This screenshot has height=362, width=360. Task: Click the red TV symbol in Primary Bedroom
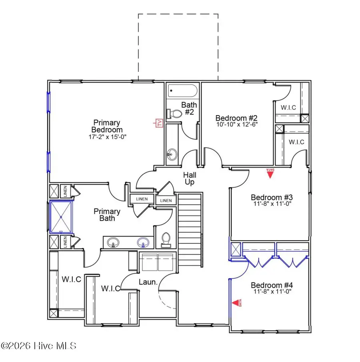point(159,123)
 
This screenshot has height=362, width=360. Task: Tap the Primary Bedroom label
point(107,126)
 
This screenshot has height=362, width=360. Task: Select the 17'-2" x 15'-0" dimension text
point(107,137)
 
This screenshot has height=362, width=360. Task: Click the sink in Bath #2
point(171,153)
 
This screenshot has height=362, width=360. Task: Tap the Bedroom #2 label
point(236,118)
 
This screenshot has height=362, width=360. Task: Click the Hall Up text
point(189,178)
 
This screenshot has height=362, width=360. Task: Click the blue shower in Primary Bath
point(61,217)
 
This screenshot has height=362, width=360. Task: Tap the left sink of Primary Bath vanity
point(114,243)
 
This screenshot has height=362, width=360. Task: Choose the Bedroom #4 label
point(272,285)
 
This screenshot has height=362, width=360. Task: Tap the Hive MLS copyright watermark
point(39,346)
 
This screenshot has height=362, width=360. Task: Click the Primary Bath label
point(107,215)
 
